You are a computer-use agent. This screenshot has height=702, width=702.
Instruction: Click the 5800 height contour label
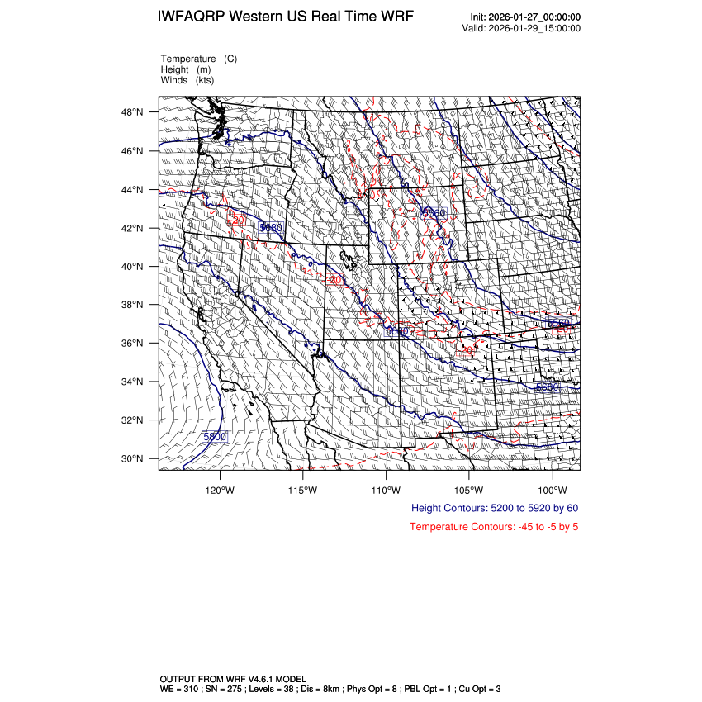coord(215,436)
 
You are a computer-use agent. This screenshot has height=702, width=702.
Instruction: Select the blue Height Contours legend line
coord(494,508)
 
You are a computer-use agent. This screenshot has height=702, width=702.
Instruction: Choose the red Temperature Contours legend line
coord(494,527)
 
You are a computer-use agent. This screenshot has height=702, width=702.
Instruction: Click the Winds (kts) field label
coord(187,80)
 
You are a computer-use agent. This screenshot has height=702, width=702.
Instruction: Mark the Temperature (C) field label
coord(199,59)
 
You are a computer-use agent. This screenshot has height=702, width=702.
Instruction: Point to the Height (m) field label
coord(187,69)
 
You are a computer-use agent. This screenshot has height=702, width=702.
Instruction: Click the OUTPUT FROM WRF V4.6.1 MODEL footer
coord(232,678)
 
